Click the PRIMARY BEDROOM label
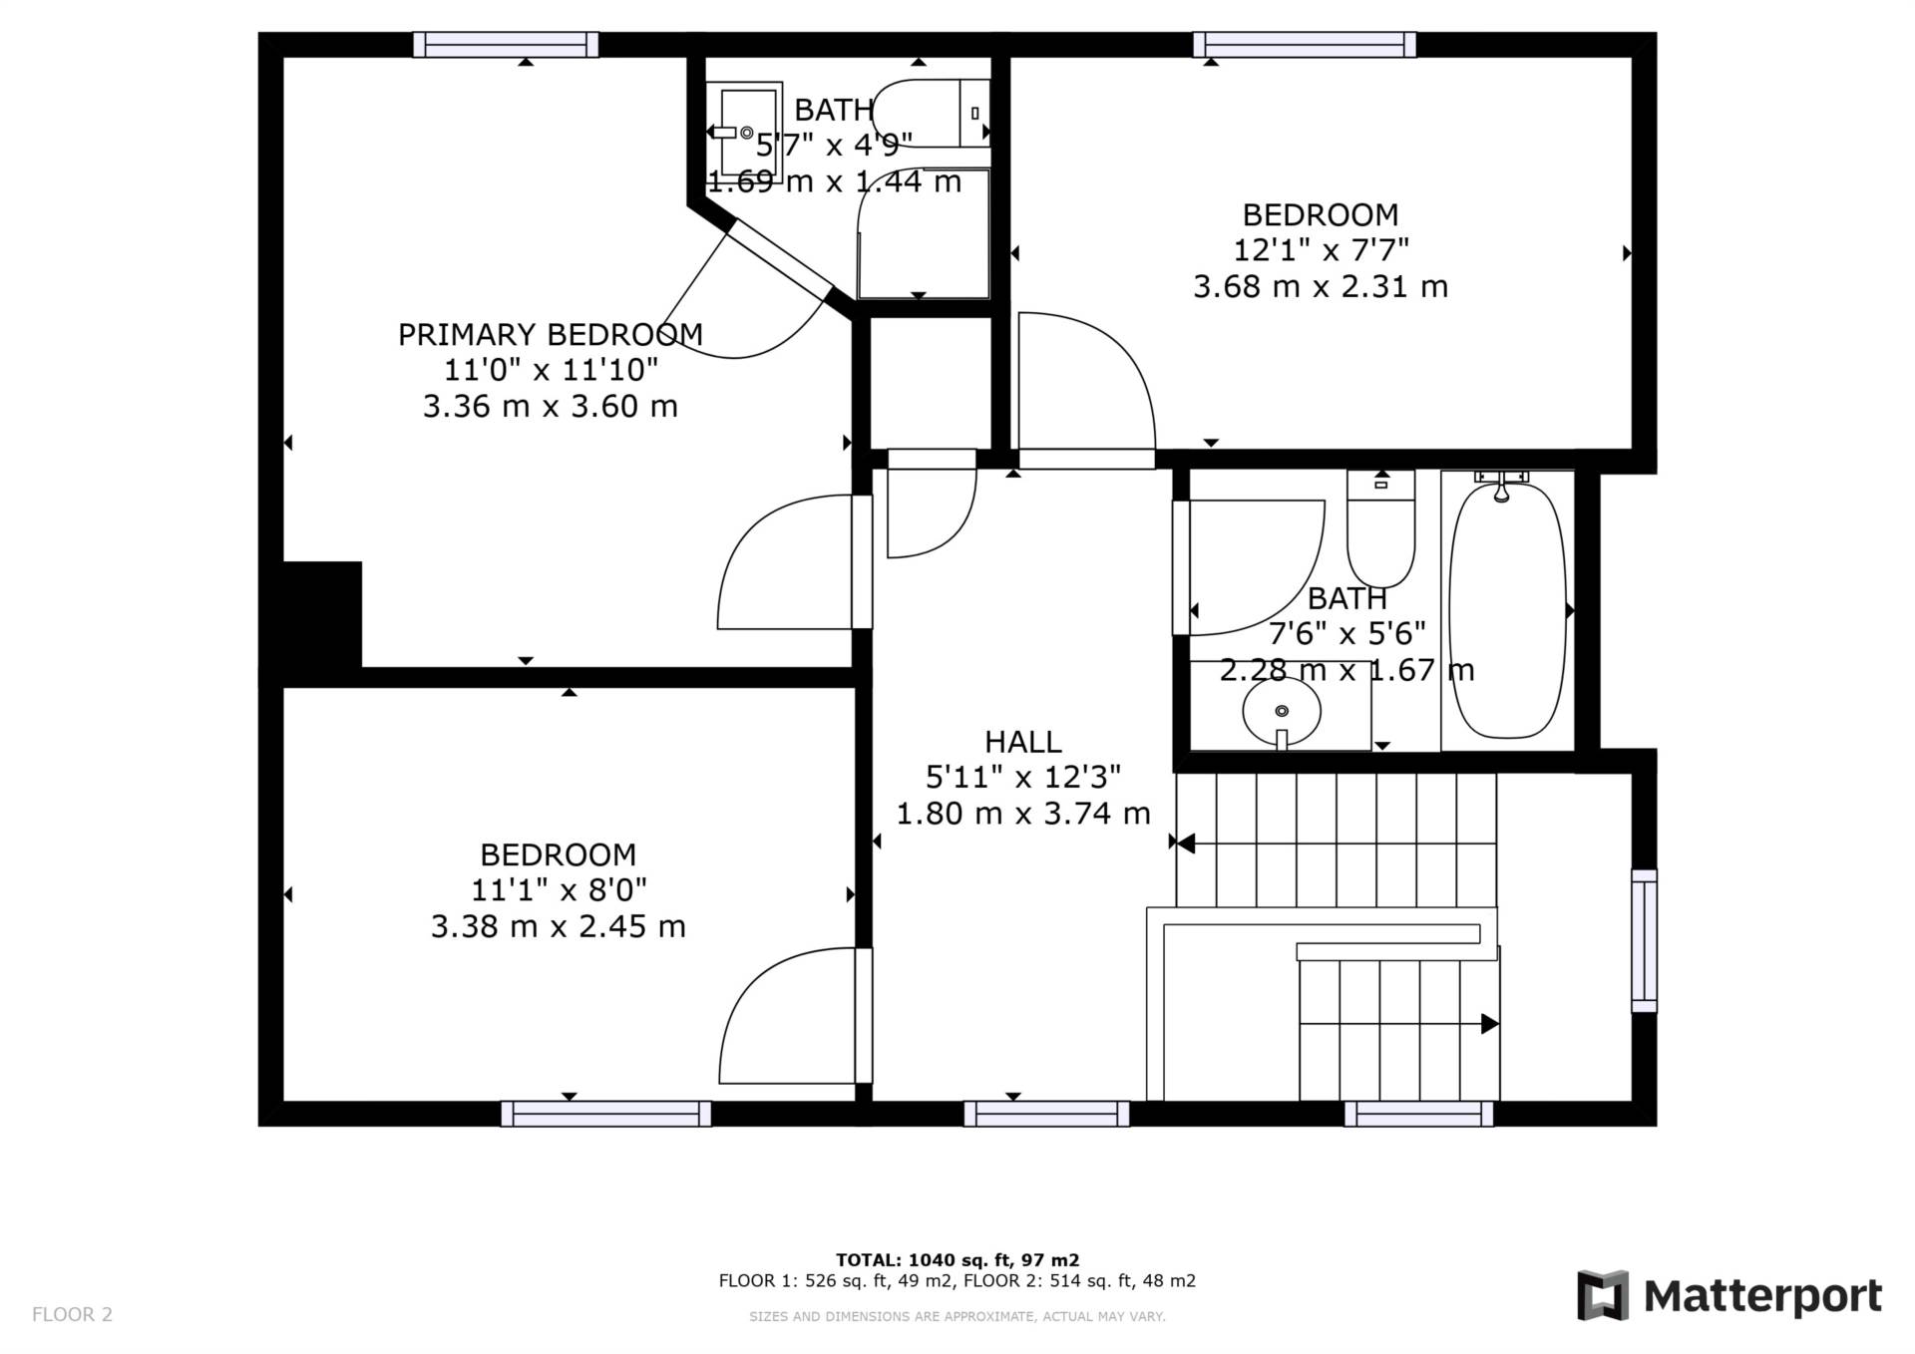pyautogui.click(x=550, y=334)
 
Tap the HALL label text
pyautogui.click(x=1022, y=742)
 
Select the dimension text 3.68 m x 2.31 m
pyautogui.click(x=1321, y=287)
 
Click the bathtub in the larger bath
pyautogui.click(x=1507, y=609)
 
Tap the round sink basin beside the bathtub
pyautogui.click(x=1282, y=711)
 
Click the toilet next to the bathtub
pyautogui.click(x=1381, y=528)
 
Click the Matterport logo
pyautogui.click(x=1729, y=1295)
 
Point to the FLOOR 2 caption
pyautogui.click(x=72, y=1314)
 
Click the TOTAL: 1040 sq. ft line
pyautogui.click(x=957, y=1260)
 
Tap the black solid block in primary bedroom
pyautogui.click(x=321, y=614)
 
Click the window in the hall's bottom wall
pyautogui.click(x=1046, y=1114)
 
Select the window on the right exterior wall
pyautogui.click(x=1644, y=941)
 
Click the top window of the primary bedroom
pyautogui.click(x=506, y=45)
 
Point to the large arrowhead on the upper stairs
pyautogui.click(x=1186, y=844)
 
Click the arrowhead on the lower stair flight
pyautogui.click(x=1490, y=1023)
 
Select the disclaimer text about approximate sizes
pyautogui.click(x=957, y=1316)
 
